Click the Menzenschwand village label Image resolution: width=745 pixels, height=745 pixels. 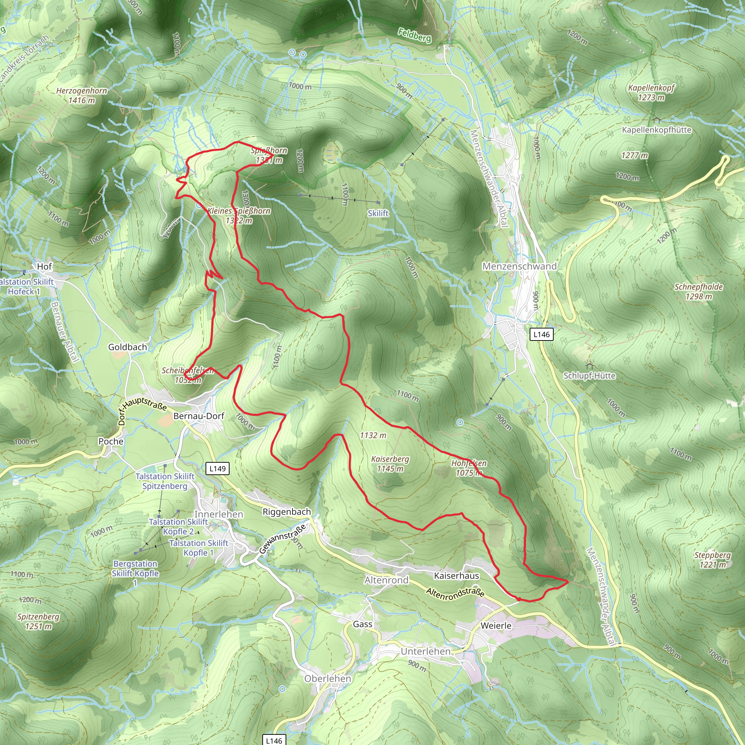coord(519,266)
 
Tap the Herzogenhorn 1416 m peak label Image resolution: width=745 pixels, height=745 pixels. coord(81,95)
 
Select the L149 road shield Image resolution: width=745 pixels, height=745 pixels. coord(218,469)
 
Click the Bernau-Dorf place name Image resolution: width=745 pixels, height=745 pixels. coord(199,416)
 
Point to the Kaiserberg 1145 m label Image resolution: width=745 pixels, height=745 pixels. coord(390,464)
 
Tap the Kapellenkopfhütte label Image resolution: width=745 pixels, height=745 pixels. coord(656,130)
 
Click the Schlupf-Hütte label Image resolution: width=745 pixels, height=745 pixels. coord(589,375)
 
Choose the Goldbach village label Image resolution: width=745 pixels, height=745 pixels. coord(127,347)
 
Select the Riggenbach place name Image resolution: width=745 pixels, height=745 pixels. coord(287,512)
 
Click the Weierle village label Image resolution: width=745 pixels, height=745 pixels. coord(496,625)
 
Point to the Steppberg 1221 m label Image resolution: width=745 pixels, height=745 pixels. coord(712,559)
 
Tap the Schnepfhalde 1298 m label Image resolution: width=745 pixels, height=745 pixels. coord(698,291)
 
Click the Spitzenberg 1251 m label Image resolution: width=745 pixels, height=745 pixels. coord(38,621)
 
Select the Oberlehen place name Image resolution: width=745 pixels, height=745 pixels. coord(327,679)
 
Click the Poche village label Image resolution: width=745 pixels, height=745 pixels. coord(111,441)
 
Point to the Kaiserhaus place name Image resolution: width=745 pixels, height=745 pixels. coord(456,576)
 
